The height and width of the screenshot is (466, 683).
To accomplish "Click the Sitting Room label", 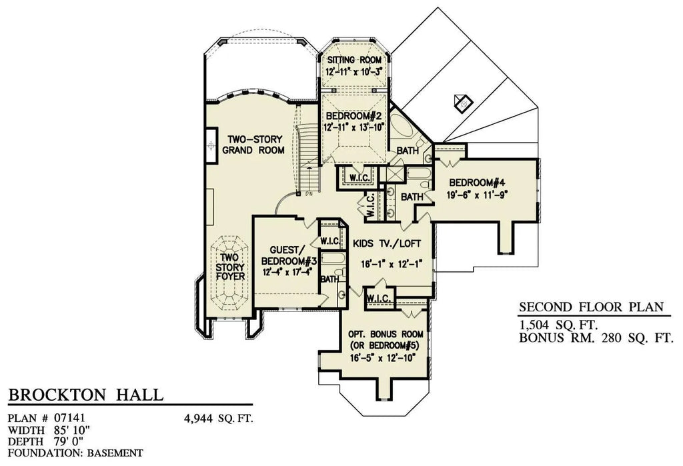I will pos(354,60).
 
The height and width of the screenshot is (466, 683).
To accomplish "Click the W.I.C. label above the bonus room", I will pos(378,299).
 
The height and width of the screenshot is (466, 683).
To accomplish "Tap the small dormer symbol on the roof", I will pos(462,103).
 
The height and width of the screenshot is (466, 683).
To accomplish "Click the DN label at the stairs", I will pos(309,195).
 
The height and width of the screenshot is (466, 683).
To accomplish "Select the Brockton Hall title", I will pos(85,395).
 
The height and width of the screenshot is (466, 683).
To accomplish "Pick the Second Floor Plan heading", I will pos(591,307).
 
